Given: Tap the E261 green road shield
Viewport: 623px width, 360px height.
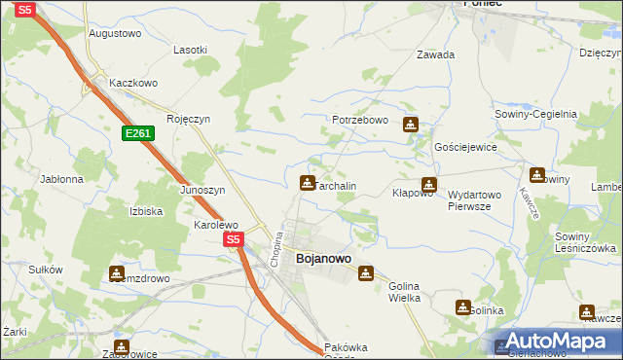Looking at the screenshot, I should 137,132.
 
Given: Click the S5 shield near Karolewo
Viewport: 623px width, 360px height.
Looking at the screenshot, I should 232,238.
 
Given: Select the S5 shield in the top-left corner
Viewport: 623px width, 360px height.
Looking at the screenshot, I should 25,9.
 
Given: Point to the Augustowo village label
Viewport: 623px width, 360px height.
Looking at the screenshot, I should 115,32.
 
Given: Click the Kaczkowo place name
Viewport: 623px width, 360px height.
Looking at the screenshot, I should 133,83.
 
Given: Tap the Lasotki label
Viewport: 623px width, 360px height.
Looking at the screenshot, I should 190,50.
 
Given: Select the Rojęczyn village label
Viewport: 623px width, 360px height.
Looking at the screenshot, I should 188,119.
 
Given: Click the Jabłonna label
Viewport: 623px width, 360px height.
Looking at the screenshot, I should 61,179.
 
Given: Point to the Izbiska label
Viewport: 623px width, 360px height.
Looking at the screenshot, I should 145,211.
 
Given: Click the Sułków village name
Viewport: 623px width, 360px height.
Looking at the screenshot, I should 46,270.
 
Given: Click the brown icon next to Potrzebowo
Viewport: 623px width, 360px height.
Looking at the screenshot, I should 411,125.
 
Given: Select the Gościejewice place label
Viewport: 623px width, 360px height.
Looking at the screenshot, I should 465,147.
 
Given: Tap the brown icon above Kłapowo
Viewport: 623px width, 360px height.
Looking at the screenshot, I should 428,184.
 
